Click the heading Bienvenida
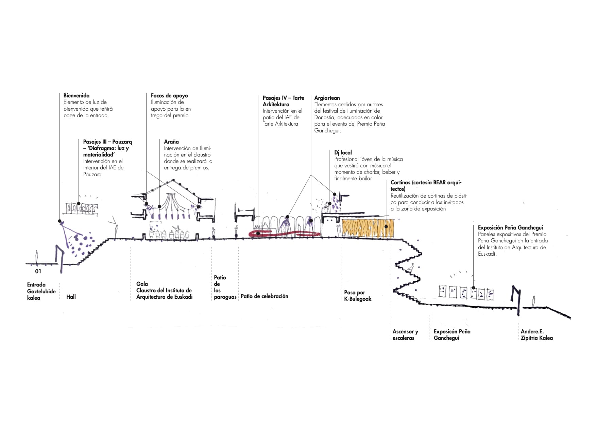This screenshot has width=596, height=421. click(76, 96)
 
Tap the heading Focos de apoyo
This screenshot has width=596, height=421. click(169, 96)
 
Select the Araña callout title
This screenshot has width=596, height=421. click(171, 142)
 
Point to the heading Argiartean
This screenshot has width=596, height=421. click(327, 98)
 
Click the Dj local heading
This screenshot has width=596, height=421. click(343, 153)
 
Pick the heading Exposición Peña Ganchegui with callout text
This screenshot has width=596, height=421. click(511, 228)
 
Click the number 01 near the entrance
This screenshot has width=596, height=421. click(38, 271)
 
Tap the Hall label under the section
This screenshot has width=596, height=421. click(71, 297)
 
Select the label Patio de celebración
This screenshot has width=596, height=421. click(265, 296)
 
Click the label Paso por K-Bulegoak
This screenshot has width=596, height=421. click(358, 296)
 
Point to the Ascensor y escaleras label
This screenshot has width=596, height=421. click(405, 335)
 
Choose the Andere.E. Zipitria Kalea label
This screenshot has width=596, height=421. click(537, 335)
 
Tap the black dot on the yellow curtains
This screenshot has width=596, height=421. click(386, 227)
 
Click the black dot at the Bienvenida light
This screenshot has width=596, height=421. click(60, 221)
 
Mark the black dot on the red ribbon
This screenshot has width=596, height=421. click(258, 234)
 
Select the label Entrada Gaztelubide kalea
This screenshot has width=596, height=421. click(41, 291)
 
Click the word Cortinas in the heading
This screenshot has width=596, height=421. click(400, 183)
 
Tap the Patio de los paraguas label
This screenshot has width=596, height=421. click(225, 287)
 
